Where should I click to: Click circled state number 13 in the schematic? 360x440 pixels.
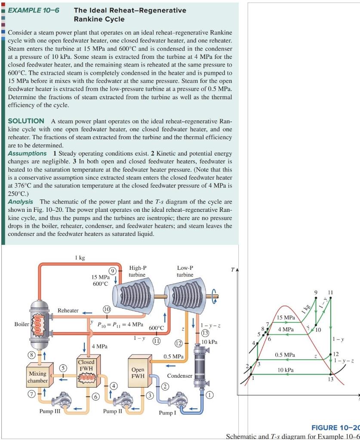(206, 333)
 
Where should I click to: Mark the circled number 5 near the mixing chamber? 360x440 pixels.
(64, 368)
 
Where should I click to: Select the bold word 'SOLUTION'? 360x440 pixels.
(26, 121)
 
